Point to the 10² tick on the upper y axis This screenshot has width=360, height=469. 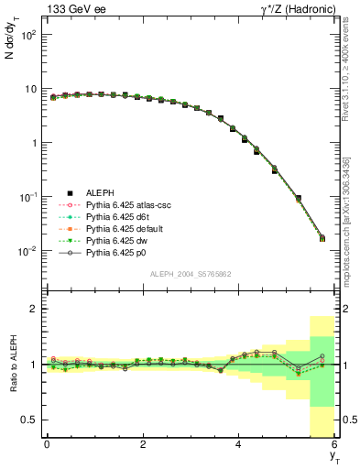point(27,35)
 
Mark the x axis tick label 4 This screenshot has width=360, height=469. point(238,444)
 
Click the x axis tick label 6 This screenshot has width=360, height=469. point(334,444)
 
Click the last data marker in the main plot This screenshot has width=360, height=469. point(322,239)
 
